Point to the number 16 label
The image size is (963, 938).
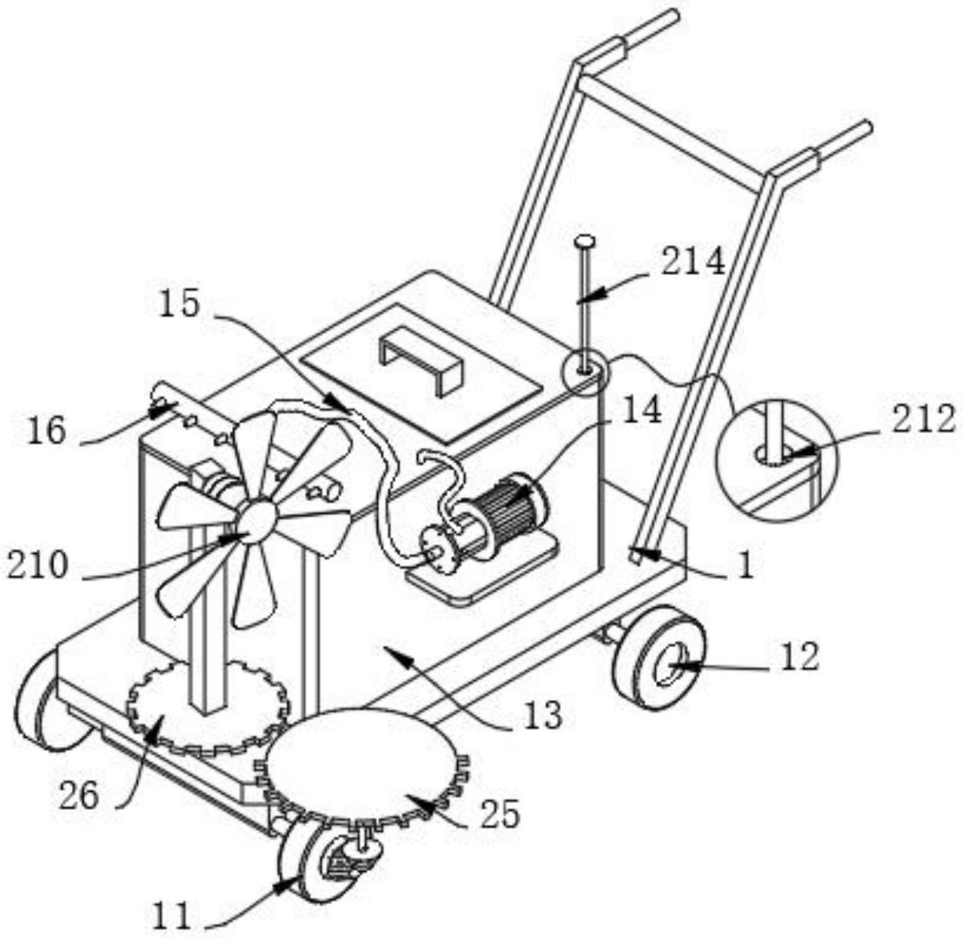tap(47, 432)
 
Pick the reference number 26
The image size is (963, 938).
tap(79, 795)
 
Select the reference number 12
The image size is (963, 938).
tap(798, 658)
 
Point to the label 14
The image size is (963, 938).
tap(641, 411)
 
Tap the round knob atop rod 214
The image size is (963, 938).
tap(584, 241)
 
